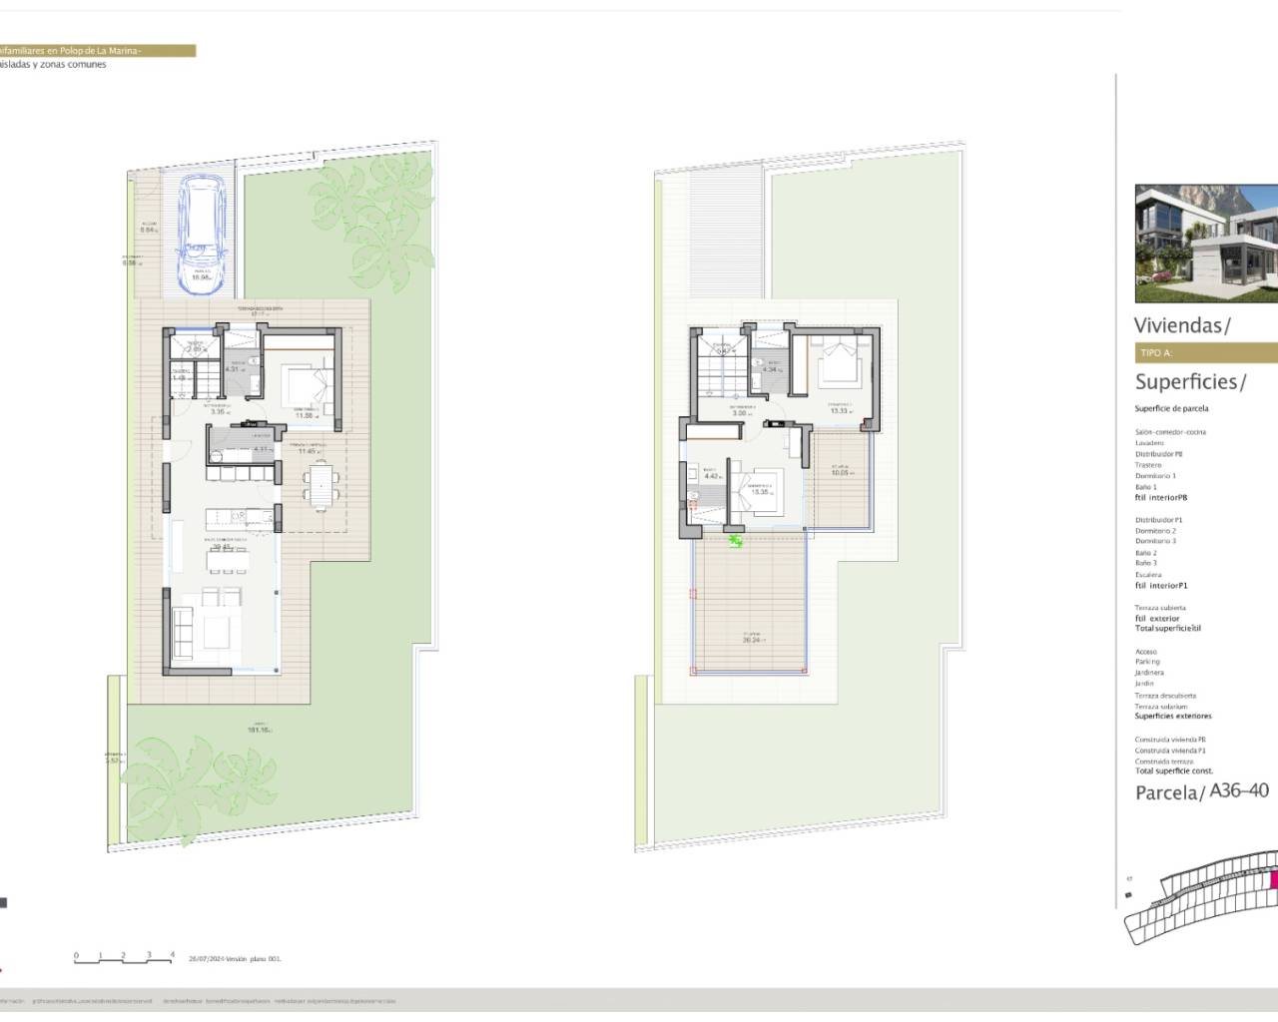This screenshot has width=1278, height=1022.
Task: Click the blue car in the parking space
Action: (206, 236)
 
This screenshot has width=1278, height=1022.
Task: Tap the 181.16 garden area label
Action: (260, 730)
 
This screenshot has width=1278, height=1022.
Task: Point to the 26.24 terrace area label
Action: (754, 639)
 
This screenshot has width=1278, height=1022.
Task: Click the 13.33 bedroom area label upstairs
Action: (838, 410)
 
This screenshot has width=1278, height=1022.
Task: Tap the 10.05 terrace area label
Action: (840, 472)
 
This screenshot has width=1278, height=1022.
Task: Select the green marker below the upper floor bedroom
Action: (736, 541)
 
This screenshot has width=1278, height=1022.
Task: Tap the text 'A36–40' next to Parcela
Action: (1239, 790)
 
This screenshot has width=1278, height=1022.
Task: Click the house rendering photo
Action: (1206, 244)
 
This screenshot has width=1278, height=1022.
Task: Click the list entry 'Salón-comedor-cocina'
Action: (1170, 432)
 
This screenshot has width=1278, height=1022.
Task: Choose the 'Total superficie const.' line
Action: (1173, 770)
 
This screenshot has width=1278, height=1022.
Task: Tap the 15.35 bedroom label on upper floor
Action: (760, 491)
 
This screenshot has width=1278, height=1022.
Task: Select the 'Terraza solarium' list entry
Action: (1161, 707)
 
